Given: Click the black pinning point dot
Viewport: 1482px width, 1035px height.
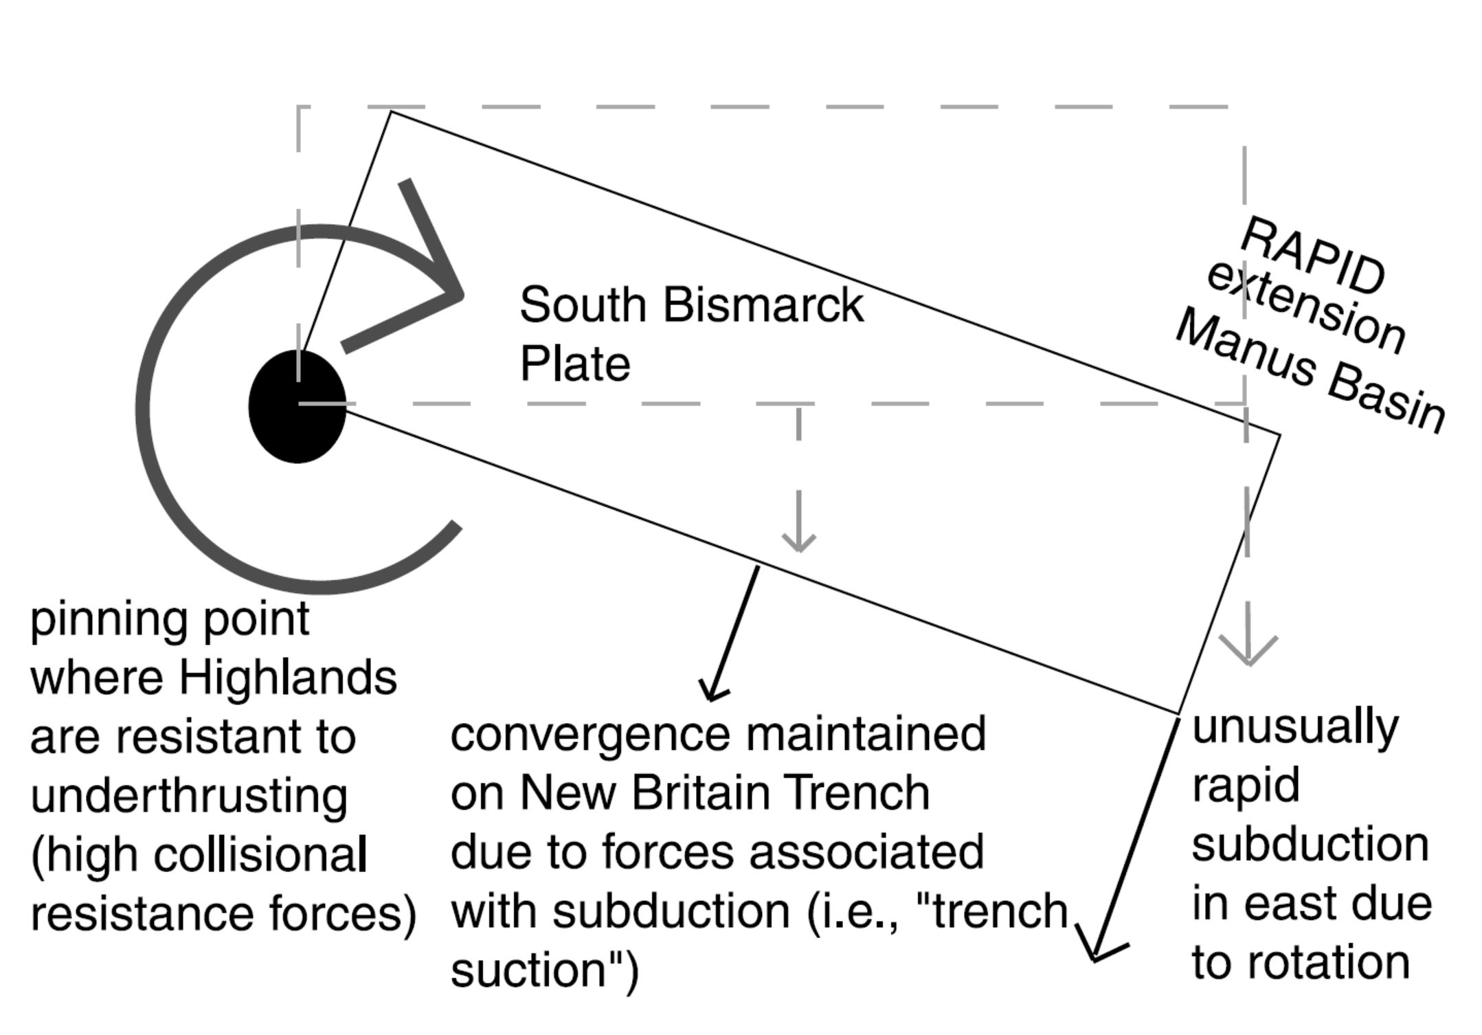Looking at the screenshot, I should click(297, 406).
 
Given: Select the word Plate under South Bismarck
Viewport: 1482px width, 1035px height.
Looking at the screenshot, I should click(574, 364).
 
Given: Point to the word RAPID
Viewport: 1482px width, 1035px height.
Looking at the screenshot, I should click(1313, 255).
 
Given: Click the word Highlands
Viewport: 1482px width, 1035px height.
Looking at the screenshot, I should click(288, 678).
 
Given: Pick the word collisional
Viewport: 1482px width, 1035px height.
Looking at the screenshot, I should click(260, 856).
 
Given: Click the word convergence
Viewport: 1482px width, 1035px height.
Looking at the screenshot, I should click(590, 734).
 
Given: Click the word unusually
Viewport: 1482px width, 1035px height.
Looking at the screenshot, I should click(1295, 727).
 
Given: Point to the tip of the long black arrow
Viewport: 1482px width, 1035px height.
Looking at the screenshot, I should click(1094, 958).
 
